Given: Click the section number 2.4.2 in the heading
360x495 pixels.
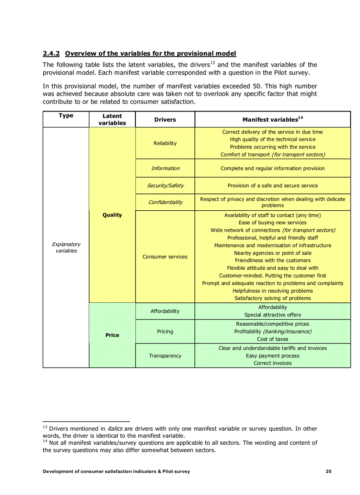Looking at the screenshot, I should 52,53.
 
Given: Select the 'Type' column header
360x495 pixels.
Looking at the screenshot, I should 66,115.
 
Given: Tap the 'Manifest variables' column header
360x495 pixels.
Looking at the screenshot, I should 272,119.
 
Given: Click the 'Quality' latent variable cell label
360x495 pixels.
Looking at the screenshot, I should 112,215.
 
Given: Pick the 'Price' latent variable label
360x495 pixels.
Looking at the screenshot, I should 112,335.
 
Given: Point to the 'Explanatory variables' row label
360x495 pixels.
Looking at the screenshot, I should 66,247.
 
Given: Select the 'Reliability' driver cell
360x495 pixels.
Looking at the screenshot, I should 165,143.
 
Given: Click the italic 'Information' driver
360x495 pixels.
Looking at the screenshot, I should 165,168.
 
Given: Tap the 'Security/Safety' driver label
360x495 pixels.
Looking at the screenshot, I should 165,186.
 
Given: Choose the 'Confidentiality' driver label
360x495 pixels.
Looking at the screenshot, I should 165,202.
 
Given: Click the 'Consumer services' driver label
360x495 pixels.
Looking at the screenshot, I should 165,257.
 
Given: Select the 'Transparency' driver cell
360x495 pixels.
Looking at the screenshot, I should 165,356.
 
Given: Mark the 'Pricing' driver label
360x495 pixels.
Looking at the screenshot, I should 165,331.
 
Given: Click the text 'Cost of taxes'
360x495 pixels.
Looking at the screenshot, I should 272,339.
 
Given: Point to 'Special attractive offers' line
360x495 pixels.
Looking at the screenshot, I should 272,315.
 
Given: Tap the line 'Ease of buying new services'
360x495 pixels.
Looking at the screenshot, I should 272,223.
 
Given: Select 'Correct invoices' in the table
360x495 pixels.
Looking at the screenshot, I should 272,363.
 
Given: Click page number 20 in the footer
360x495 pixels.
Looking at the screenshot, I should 328,471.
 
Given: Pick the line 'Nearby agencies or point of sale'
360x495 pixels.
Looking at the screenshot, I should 272,253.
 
